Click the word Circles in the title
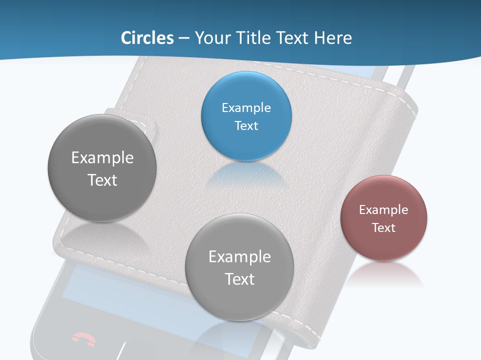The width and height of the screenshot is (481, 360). pyautogui.click(x=147, y=38)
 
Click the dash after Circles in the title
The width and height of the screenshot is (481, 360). pyautogui.click(x=183, y=38)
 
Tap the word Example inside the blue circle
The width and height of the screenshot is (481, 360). pyautogui.click(x=246, y=108)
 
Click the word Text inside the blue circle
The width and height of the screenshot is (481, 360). pyautogui.click(x=246, y=126)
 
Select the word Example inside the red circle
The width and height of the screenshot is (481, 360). pyautogui.click(x=384, y=210)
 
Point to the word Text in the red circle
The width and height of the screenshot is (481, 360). pyautogui.click(x=384, y=228)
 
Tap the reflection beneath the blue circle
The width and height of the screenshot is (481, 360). pyautogui.click(x=246, y=175)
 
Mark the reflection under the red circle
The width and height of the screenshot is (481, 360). pyautogui.click(x=384, y=275)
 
